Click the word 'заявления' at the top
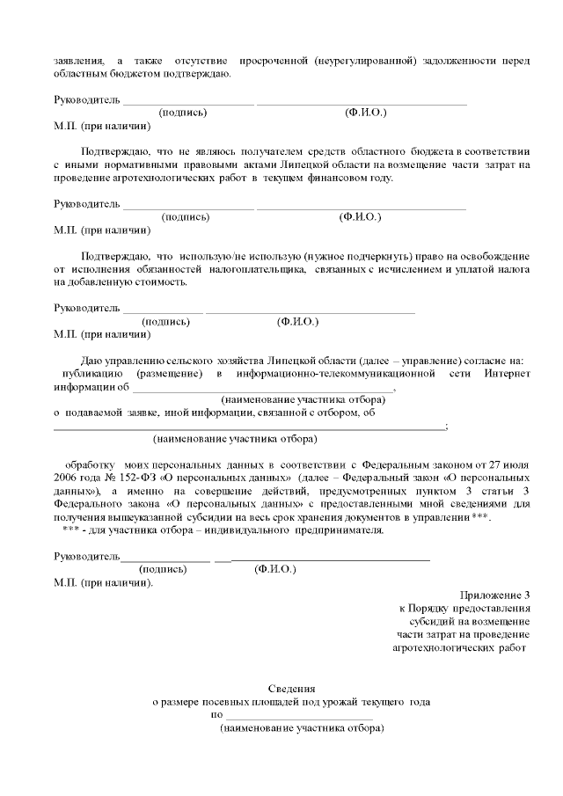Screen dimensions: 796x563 tap(77, 60)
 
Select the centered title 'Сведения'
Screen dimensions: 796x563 tap(291, 688)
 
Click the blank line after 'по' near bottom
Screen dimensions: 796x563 tap(299, 717)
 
